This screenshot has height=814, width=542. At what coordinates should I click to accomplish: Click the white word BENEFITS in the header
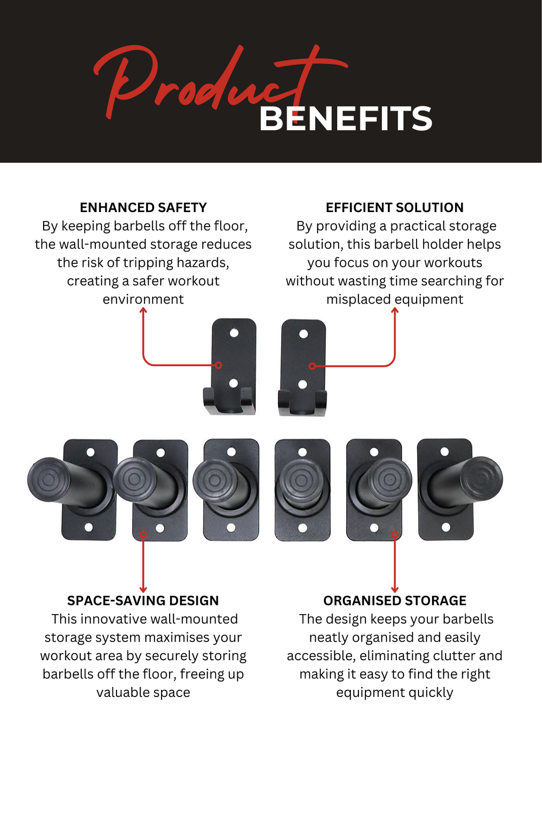click(346, 119)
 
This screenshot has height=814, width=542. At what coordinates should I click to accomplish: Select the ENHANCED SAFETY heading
click(143, 208)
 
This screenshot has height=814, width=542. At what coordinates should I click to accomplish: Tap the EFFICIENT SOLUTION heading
click(394, 208)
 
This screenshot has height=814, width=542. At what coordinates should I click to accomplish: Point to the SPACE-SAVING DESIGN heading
click(143, 600)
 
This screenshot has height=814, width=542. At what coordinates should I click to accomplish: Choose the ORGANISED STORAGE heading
click(394, 600)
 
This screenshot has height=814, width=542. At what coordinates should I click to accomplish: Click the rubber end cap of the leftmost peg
click(49, 480)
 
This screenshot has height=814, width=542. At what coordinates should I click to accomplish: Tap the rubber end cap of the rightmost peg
click(481, 479)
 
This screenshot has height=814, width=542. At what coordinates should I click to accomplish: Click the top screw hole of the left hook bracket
click(234, 333)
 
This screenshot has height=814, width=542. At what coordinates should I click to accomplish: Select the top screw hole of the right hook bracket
click(304, 334)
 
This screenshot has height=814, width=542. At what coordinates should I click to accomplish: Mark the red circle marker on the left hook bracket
click(218, 365)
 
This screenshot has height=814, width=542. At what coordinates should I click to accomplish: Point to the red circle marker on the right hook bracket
click(312, 366)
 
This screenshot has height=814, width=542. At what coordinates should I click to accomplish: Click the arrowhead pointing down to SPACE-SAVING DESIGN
click(143, 590)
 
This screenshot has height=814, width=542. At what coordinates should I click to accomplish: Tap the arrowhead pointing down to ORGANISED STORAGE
click(395, 590)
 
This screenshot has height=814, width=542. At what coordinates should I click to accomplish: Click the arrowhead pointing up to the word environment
click(144, 310)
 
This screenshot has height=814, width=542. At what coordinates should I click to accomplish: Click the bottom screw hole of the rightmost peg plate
click(446, 527)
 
